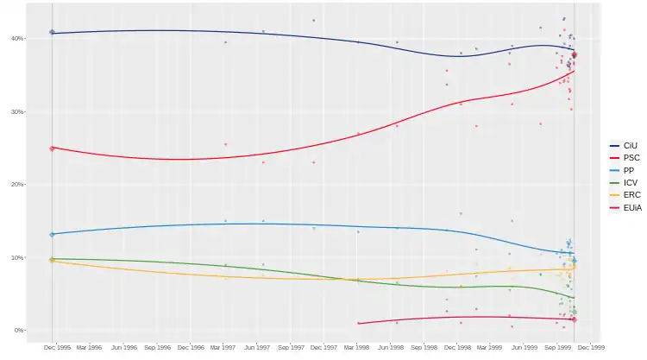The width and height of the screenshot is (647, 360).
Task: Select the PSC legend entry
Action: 631,158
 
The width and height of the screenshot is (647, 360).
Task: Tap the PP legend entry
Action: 629,170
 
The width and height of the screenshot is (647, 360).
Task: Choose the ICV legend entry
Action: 630,183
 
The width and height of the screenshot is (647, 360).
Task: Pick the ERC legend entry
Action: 631,195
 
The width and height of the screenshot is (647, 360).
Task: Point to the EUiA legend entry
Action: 631,208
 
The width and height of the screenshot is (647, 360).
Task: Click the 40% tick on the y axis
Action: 16,39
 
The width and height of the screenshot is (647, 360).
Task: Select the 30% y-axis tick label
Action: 16,112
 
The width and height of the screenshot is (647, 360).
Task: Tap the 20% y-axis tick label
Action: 16,185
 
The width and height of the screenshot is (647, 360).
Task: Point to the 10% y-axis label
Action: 16,257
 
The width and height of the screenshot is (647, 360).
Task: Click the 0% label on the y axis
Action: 18,331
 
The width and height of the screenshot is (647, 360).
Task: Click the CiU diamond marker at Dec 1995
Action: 52,33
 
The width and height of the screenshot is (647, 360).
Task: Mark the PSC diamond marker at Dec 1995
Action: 52,148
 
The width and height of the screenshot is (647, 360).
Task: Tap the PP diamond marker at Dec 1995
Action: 52,234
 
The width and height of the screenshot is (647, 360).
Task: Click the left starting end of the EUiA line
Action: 358,323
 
